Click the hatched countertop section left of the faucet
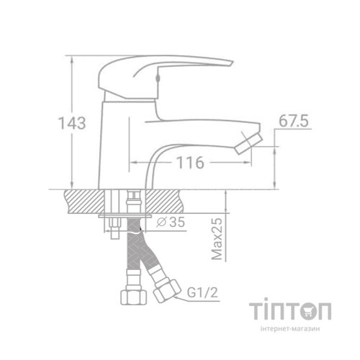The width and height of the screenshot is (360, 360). [x=85, y=200]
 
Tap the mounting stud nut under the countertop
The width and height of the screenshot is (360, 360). [x=114, y=231]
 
